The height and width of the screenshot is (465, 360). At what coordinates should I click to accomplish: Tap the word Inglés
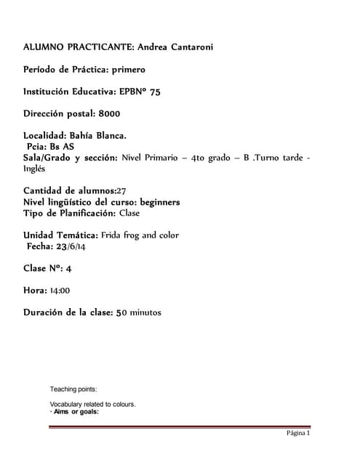(x=33, y=168)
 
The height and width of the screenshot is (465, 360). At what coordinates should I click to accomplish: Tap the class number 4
(x=68, y=268)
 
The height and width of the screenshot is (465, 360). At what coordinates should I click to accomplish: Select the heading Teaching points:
(x=78, y=389)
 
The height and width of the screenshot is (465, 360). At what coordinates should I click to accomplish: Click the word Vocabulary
(x=66, y=404)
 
